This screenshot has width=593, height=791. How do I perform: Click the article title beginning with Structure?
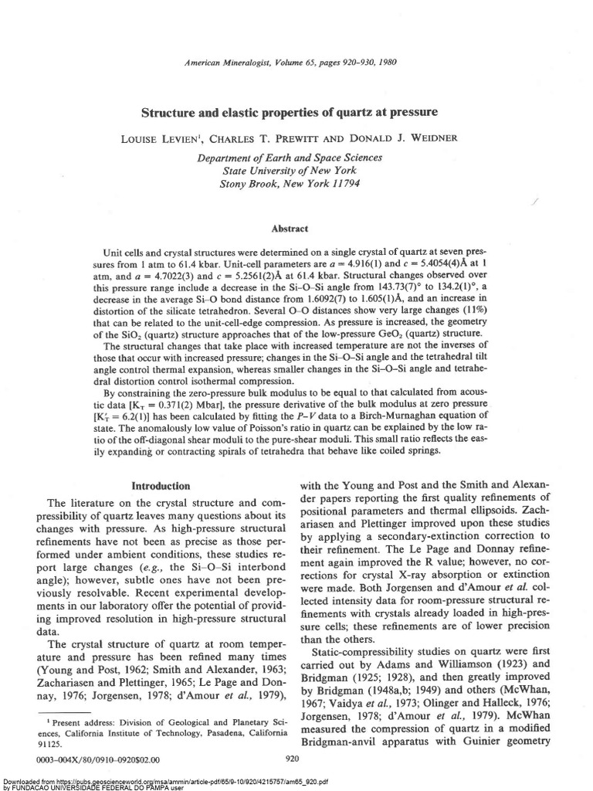289,112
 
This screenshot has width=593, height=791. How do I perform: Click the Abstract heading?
290,229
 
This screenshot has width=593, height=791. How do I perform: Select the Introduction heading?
161,486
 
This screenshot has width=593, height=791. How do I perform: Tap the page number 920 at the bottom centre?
293,759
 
